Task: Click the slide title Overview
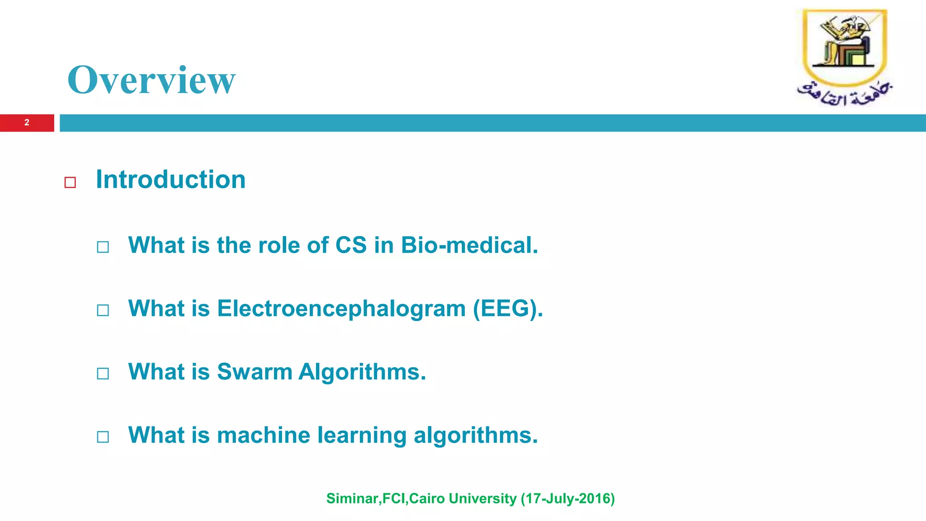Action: (151, 80)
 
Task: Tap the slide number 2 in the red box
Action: (27, 123)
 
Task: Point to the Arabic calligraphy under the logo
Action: (844, 94)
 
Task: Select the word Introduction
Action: (170, 180)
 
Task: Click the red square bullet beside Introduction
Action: (70, 182)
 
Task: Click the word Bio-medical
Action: (469, 245)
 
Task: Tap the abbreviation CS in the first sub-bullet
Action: (351, 245)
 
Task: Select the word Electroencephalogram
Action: (341, 309)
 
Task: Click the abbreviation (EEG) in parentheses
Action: (507, 309)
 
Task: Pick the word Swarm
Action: (255, 372)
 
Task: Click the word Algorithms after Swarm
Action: (362, 372)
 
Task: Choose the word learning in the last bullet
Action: (362, 435)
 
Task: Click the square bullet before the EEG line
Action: (103, 310)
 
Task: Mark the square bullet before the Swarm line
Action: (103, 374)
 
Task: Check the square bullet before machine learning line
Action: (103, 437)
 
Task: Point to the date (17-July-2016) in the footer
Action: (567, 498)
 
